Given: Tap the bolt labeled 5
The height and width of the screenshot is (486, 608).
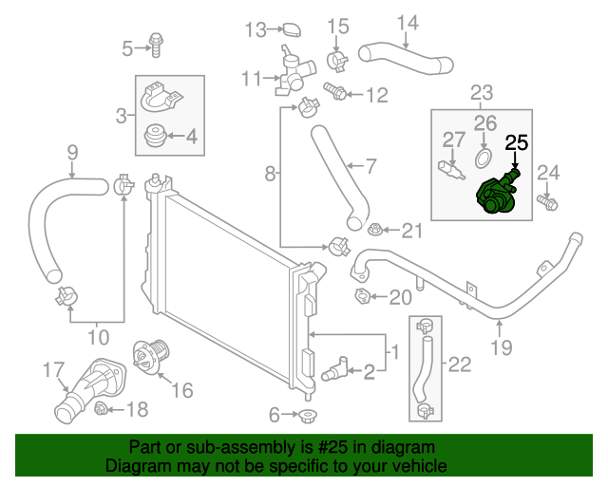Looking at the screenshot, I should click(x=154, y=44).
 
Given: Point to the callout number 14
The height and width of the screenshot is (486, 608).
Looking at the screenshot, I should click(x=407, y=22).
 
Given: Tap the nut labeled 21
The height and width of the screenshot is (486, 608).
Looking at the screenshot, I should click(x=375, y=230).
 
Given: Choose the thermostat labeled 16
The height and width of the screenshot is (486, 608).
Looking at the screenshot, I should click(x=146, y=358).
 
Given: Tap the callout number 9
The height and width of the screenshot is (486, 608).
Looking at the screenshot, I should click(x=71, y=151).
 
